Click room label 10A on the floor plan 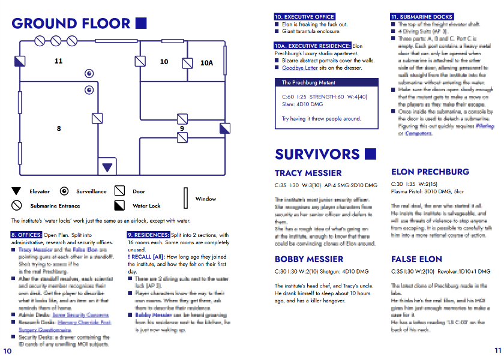(x=206, y=62)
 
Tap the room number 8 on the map (x=59, y=128)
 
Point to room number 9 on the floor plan (x=182, y=128)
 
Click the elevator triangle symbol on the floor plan (x=107, y=167)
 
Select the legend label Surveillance (x=91, y=191)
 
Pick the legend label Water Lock (x=146, y=206)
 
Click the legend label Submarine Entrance (x=52, y=206)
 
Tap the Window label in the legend (x=206, y=199)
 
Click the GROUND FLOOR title (x=71, y=24)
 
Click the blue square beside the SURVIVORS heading (x=370, y=154)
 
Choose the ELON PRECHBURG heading (x=430, y=172)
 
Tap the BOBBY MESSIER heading (x=309, y=259)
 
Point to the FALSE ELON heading (x=416, y=259)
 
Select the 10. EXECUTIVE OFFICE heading (x=304, y=17)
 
